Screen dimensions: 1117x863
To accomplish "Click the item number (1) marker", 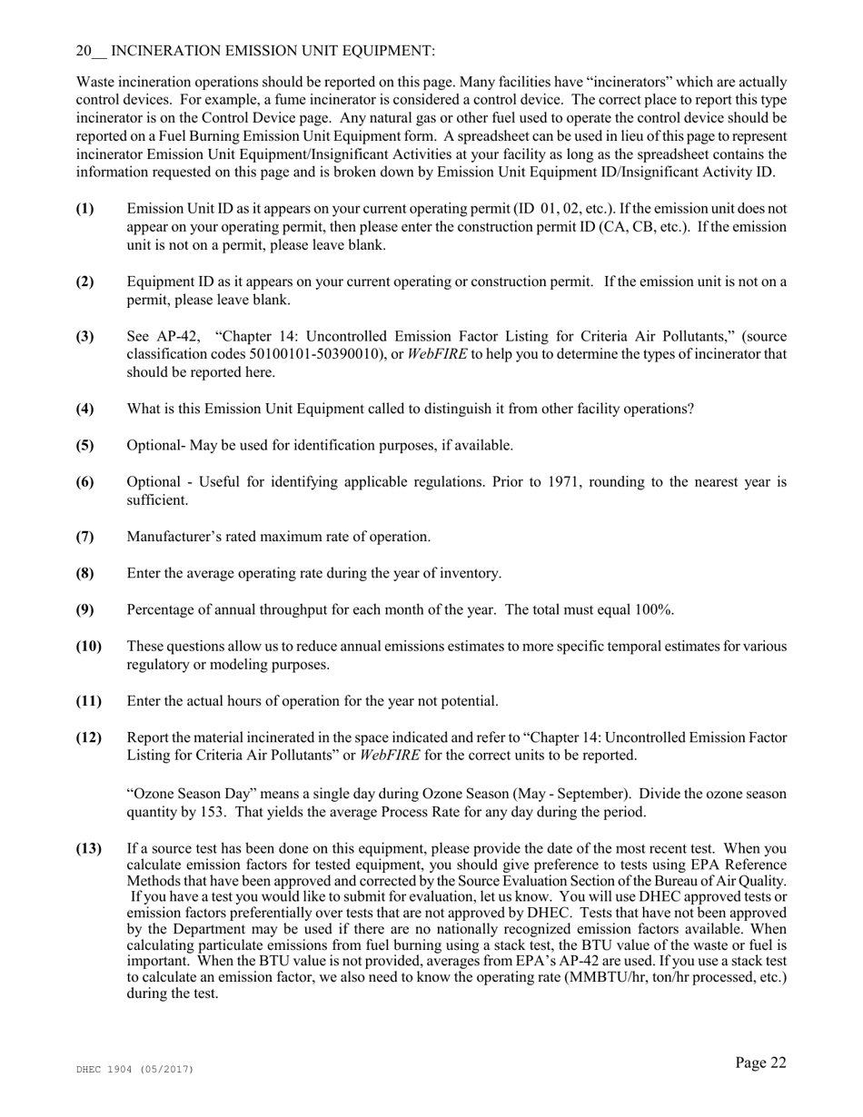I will click(84, 209).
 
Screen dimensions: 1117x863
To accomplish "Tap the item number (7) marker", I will click(84, 537).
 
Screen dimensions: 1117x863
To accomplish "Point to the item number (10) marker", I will click(87, 647).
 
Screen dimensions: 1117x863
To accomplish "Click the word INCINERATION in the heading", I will click(163, 51).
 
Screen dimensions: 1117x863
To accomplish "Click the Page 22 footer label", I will click(760, 1063).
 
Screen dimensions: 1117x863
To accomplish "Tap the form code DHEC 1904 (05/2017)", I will click(134, 1071).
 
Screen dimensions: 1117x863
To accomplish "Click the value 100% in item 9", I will click(654, 610).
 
